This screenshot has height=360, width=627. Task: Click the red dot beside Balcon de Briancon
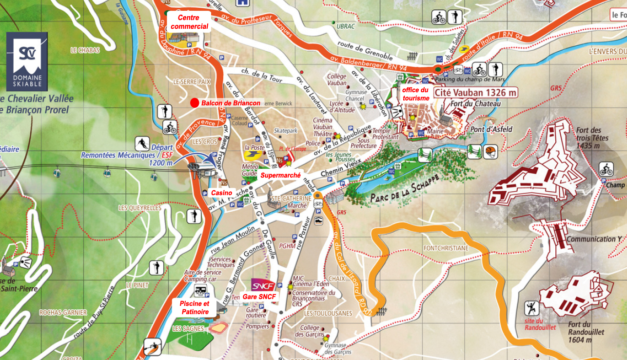pos(195,102)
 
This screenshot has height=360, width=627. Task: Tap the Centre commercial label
pos(189,22)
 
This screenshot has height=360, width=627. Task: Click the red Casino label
pos(221,193)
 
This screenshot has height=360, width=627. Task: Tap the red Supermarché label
pos(280,175)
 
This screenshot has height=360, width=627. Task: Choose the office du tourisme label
pos(415,94)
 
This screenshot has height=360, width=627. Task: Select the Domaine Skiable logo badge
pos(27,61)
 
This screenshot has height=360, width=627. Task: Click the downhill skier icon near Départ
pos(142,144)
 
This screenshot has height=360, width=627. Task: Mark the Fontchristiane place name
pos(446,248)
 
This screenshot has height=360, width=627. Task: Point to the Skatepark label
pos(286,131)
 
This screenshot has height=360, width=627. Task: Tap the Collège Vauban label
pos(336,80)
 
